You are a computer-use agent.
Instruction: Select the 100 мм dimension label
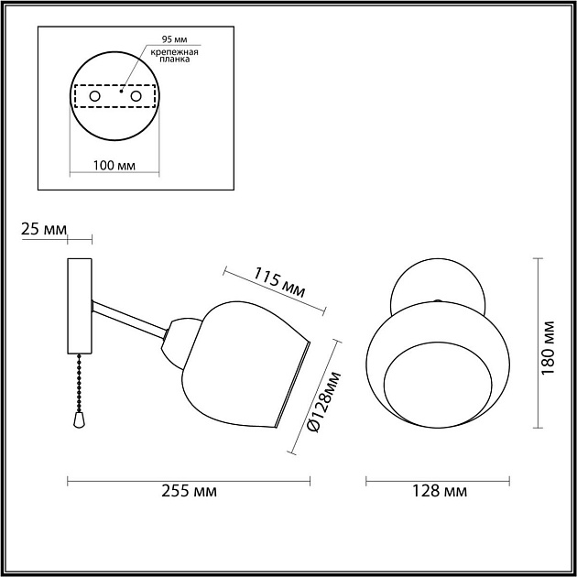tap(115, 166)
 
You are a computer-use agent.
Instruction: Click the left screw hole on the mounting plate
tap(93, 95)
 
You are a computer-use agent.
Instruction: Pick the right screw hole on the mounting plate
tap(136, 95)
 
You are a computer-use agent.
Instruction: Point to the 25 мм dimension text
tap(43, 228)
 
